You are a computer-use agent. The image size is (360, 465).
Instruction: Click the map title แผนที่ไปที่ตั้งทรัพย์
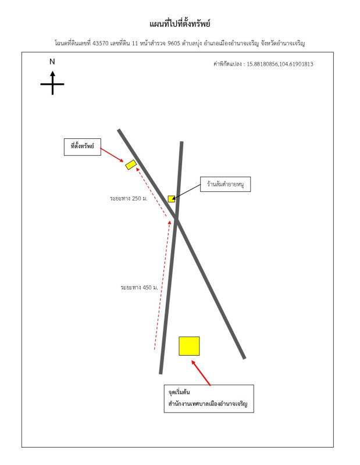point(180,24)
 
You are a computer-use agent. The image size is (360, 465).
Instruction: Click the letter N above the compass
point(52,62)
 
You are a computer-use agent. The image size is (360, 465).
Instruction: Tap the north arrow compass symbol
point(52,83)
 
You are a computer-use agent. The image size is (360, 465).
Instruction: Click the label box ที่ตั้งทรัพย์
point(83,147)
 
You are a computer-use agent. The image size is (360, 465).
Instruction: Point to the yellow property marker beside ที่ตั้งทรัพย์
point(131,164)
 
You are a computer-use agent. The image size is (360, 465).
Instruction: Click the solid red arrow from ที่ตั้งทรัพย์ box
point(112,155)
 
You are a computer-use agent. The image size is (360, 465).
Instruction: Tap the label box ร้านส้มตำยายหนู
point(225,184)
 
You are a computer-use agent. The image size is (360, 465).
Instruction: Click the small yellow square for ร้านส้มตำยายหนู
point(171,199)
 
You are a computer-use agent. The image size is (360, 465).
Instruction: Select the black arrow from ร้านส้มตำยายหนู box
point(186,191)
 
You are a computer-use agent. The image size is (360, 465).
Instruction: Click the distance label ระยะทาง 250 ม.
point(129,198)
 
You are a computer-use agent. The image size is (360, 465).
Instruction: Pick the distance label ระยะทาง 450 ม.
point(139,287)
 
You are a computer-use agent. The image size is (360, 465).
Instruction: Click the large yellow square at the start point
point(189,346)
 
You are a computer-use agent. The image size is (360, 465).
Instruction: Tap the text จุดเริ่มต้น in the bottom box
point(179,392)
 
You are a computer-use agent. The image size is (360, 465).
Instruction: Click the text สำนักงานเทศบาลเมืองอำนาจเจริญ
point(208,403)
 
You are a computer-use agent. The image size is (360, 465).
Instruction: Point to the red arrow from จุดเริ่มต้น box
point(201,373)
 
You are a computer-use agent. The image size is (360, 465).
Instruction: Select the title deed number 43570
point(101,43)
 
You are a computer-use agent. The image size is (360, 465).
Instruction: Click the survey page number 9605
point(174,43)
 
